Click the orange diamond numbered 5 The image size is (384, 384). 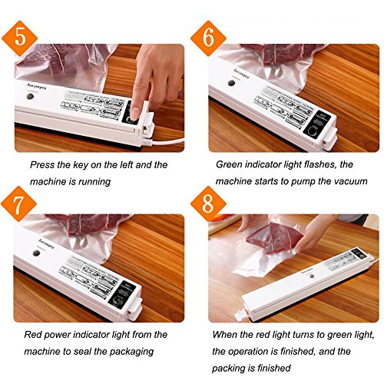pyautogui.click(x=20, y=38)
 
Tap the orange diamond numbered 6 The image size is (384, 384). pyautogui.click(x=208, y=38)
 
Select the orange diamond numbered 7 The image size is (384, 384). pyautogui.click(x=18, y=204)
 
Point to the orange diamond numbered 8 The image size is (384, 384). pyautogui.click(x=208, y=204)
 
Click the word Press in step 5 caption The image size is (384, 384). pyautogui.click(x=42, y=165)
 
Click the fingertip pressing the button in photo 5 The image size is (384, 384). pyautogui.click(x=134, y=114)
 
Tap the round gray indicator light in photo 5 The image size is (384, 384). pyautogui.click(x=30, y=96)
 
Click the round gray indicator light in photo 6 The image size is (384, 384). pyautogui.click(x=231, y=83)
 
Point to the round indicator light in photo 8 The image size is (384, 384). pyautogui.click(x=311, y=276)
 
